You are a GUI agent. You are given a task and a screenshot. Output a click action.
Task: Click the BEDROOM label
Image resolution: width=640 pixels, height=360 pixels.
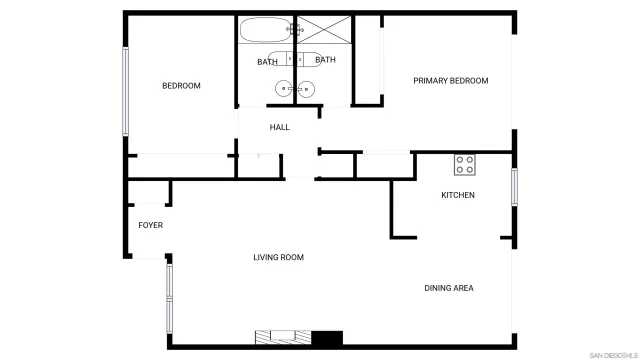(181, 86)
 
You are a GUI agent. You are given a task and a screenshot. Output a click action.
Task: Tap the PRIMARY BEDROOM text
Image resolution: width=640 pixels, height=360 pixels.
(450, 81)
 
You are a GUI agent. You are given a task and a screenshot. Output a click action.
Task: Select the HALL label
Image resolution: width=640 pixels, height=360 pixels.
(279, 127)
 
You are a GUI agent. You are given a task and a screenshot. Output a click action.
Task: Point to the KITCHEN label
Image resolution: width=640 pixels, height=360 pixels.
(458, 195)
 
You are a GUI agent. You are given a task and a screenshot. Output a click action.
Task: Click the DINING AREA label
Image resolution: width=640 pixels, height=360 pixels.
(448, 288)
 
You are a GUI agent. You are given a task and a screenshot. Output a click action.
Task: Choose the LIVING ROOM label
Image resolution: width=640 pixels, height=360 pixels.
(278, 258)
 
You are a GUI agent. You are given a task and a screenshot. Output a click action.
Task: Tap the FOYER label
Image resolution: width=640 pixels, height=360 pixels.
(150, 225)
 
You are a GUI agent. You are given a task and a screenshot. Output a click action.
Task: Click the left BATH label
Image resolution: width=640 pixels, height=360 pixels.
(267, 62)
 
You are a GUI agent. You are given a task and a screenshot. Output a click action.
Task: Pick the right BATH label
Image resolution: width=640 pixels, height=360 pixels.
(326, 60)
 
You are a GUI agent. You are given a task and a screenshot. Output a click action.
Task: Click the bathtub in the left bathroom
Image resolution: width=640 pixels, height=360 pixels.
(266, 30)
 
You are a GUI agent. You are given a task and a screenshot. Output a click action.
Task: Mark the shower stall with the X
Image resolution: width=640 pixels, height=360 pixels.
(322, 30)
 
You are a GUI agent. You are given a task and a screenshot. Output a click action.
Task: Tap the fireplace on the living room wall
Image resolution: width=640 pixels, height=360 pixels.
(284, 336)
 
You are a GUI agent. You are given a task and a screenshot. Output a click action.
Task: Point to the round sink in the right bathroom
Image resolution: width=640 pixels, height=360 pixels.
(306, 90)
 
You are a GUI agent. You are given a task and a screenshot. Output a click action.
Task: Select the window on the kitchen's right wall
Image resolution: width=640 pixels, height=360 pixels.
(514, 187)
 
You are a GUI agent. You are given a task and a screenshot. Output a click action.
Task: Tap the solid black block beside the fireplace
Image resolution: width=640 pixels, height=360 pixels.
(327, 336)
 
